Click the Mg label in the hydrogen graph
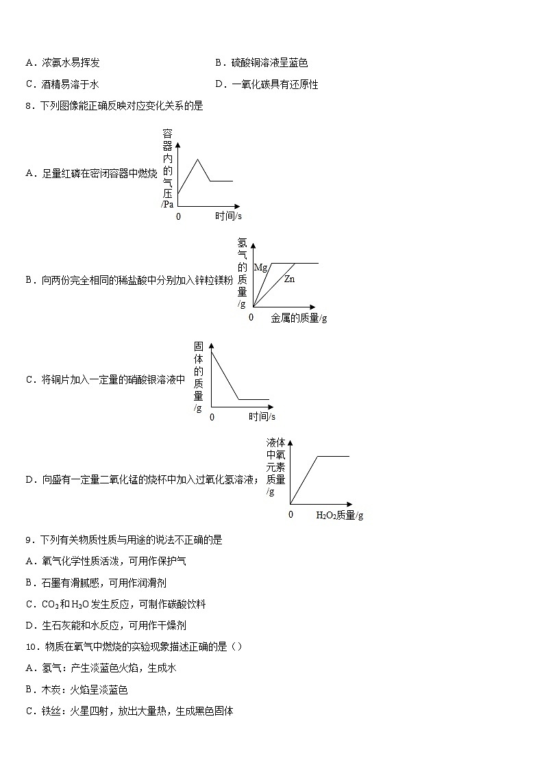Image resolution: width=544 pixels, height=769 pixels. click(x=260, y=267)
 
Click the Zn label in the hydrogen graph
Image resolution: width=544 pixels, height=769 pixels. click(x=289, y=279)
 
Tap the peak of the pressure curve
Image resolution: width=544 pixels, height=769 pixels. click(x=198, y=160)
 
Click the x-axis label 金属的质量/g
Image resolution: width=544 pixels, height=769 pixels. click(x=299, y=318)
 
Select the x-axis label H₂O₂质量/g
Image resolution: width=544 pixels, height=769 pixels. click(x=339, y=515)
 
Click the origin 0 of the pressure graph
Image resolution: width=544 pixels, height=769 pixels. click(x=179, y=216)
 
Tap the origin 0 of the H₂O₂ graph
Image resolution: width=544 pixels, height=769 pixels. click(x=290, y=514)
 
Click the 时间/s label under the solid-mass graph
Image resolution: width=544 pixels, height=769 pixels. click(x=262, y=416)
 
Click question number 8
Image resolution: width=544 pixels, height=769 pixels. click(x=28, y=106)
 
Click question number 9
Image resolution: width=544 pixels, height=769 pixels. click(x=28, y=540)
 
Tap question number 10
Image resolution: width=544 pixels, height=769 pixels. click(x=31, y=646)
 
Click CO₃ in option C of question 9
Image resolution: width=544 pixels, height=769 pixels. click(x=49, y=604)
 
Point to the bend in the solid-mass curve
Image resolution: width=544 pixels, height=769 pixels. click(x=238, y=399)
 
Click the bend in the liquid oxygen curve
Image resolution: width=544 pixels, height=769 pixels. click(x=317, y=456)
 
